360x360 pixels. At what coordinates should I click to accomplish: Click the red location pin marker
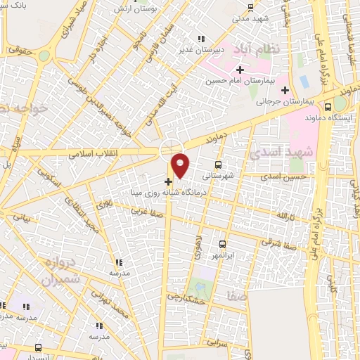pos(181,166)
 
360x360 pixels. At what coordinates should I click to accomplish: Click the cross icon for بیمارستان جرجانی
pos(285,90)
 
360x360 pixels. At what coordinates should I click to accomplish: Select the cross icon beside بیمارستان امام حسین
pos(240,70)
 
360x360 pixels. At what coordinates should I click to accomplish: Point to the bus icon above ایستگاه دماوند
pos(328,108)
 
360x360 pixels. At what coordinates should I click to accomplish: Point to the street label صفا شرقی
pos(285,243)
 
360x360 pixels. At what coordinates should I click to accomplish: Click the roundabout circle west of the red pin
pos(169,150)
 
